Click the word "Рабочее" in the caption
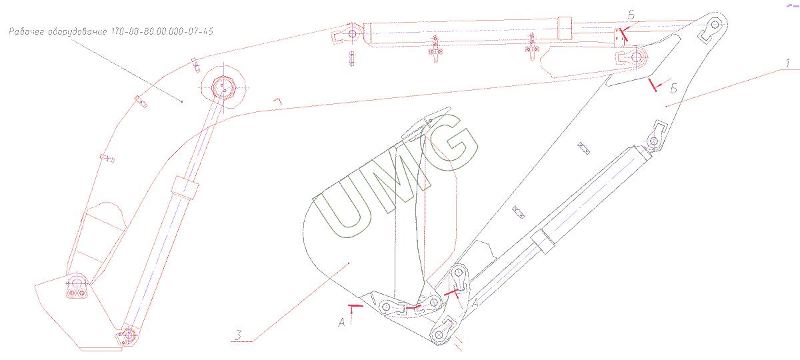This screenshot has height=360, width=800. pos(26,31)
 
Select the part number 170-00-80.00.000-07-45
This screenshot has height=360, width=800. pos(162,31)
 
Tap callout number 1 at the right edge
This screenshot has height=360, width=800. pos(787,63)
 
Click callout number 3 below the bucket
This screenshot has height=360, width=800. pos(238,335)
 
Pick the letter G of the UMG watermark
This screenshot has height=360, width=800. pos(450,143)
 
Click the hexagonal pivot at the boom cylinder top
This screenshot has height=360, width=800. pos(223,87)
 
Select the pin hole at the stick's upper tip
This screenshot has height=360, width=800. pos(715,25)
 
